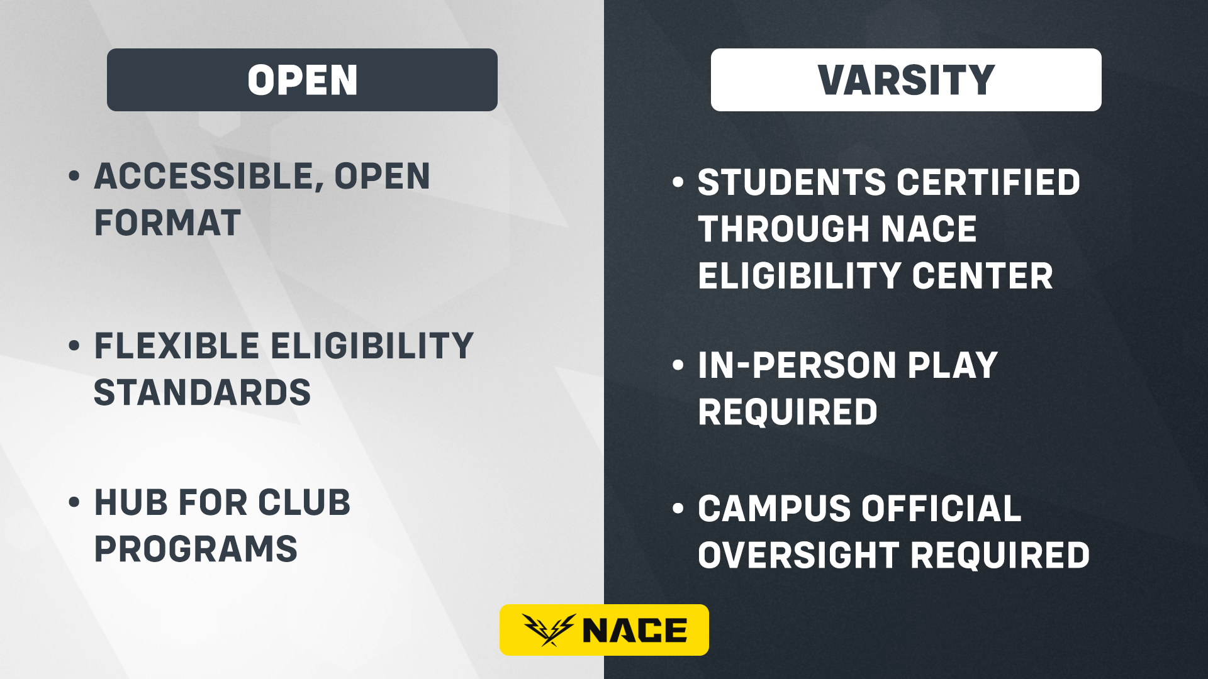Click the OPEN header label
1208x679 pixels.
(x=302, y=80)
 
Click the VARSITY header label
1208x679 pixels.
(x=906, y=80)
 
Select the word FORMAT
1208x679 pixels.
(x=167, y=223)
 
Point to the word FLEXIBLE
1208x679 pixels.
(x=177, y=346)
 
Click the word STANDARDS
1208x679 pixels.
(x=203, y=392)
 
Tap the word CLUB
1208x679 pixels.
(x=304, y=502)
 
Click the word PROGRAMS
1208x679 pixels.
(x=196, y=549)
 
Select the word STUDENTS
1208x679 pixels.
(x=792, y=182)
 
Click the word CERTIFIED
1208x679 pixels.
(x=988, y=182)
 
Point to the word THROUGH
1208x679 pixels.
(x=784, y=229)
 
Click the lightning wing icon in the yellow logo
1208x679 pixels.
(x=549, y=630)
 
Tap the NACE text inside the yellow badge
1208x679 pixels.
(x=635, y=631)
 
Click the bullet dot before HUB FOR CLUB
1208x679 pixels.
(x=74, y=502)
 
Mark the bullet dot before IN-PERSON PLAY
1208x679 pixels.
(x=678, y=365)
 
